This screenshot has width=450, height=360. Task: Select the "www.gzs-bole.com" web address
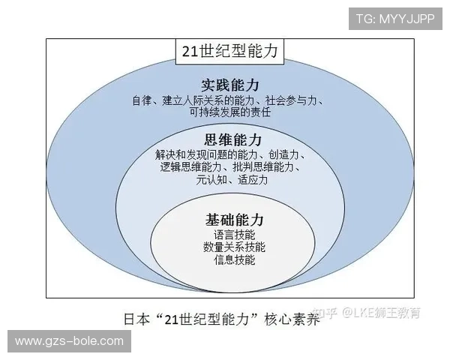pyautogui.click(x=68, y=341)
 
